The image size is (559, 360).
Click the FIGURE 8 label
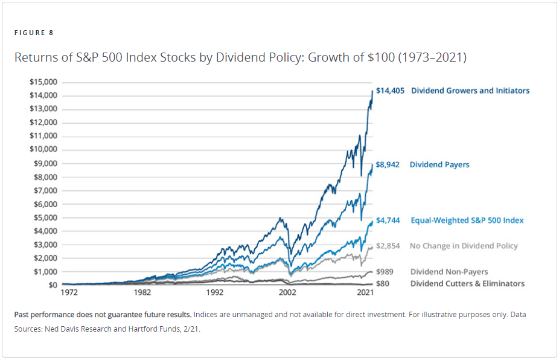click(x=34, y=33)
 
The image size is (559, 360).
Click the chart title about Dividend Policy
click(x=240, y=58)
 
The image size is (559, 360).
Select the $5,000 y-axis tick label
click(x=45, y=217)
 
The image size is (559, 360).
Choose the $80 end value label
click(x=382, y=283)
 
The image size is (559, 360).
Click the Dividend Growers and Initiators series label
click(x=470, y=91)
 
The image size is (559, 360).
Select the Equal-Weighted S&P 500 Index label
click(x=467, y=220)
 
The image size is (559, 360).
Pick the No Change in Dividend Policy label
click(x=464, y=246)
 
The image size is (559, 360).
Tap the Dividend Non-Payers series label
click(x=449, y=272)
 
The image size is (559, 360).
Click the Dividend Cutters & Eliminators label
click(x=467, y=283)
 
